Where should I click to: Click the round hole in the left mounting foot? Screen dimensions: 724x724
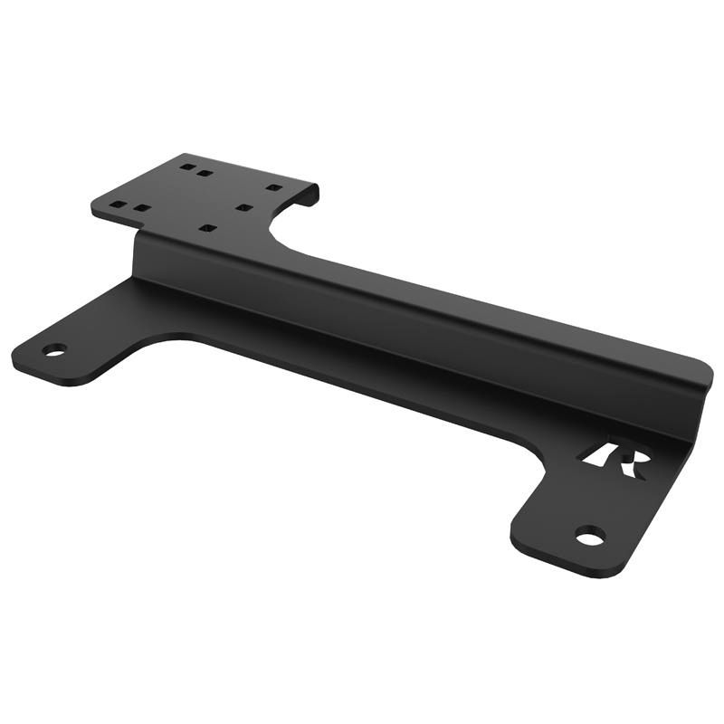(x=54, y=350)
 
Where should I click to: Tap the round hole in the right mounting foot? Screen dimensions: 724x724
(x=590, y=536)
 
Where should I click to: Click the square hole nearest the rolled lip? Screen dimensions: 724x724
(x=272, y=187)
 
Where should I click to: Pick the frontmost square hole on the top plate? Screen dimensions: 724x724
(x=208, y=228)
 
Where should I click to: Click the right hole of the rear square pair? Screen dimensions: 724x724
(x=205, y=172)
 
